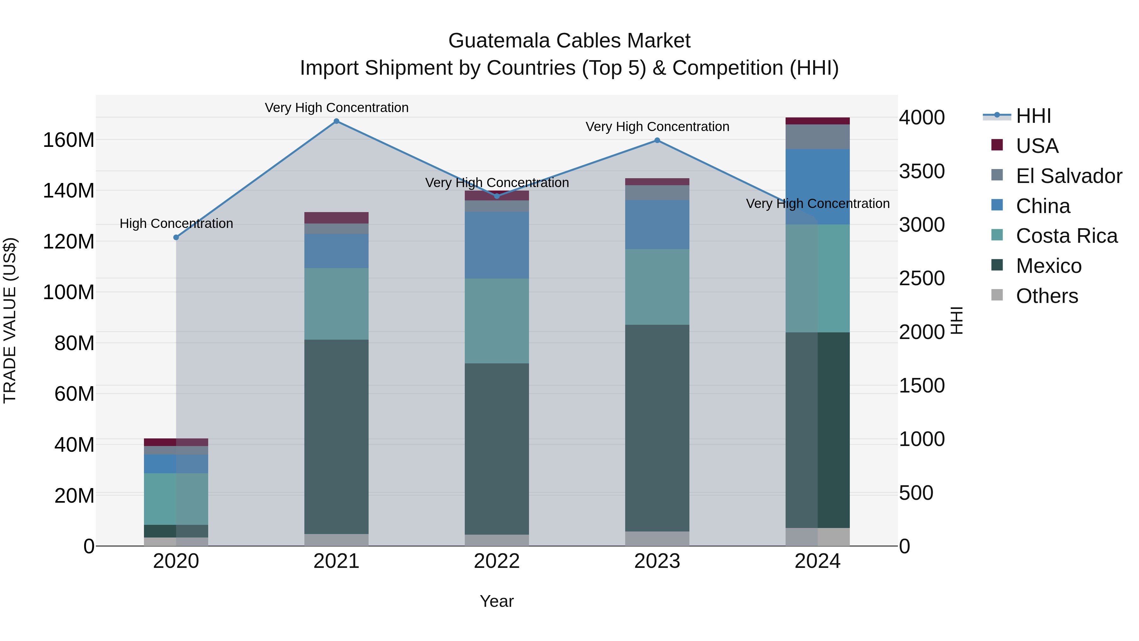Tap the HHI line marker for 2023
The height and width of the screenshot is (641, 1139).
pos(657,140)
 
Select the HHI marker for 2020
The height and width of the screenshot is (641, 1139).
pos(176,237)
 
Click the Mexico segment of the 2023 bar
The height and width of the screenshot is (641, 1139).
pos(657,428)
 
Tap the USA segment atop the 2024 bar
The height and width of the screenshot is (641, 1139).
pos(818,121)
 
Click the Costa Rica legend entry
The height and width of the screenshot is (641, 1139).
pos(1066,236)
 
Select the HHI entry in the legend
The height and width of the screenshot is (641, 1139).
pos(1033,116)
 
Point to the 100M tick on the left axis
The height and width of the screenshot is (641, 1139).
pos(69,292)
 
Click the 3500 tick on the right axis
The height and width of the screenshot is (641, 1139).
pos(922,171)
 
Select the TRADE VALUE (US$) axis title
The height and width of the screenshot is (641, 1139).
pos(10,320)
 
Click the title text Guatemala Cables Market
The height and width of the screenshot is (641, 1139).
pos(569,41)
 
